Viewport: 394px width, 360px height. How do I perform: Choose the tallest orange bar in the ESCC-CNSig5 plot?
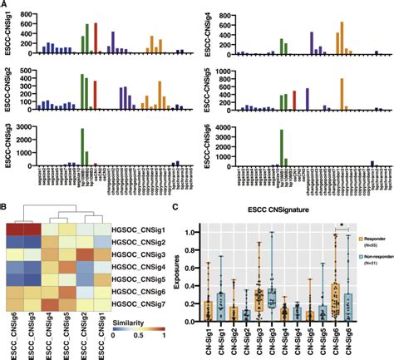point(341,93)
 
